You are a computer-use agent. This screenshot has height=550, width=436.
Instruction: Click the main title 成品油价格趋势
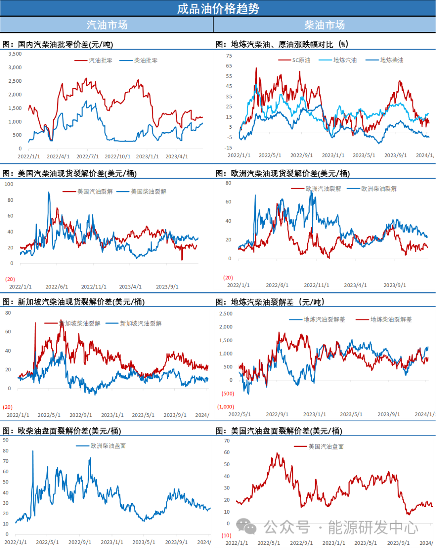point(218,8)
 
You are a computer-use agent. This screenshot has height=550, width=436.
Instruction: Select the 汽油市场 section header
point(107,25)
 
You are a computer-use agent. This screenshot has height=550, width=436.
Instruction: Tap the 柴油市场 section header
point(325,25)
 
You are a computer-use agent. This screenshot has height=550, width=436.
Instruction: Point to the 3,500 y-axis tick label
point(15,54)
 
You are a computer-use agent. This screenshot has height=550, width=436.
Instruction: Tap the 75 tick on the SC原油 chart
point(229,56)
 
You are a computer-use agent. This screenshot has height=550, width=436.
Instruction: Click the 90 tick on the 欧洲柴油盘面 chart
point(6,440)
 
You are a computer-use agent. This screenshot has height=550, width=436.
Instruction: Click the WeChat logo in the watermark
point(246,527)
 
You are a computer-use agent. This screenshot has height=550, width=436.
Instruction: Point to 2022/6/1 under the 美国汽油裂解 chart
point(57,287)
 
